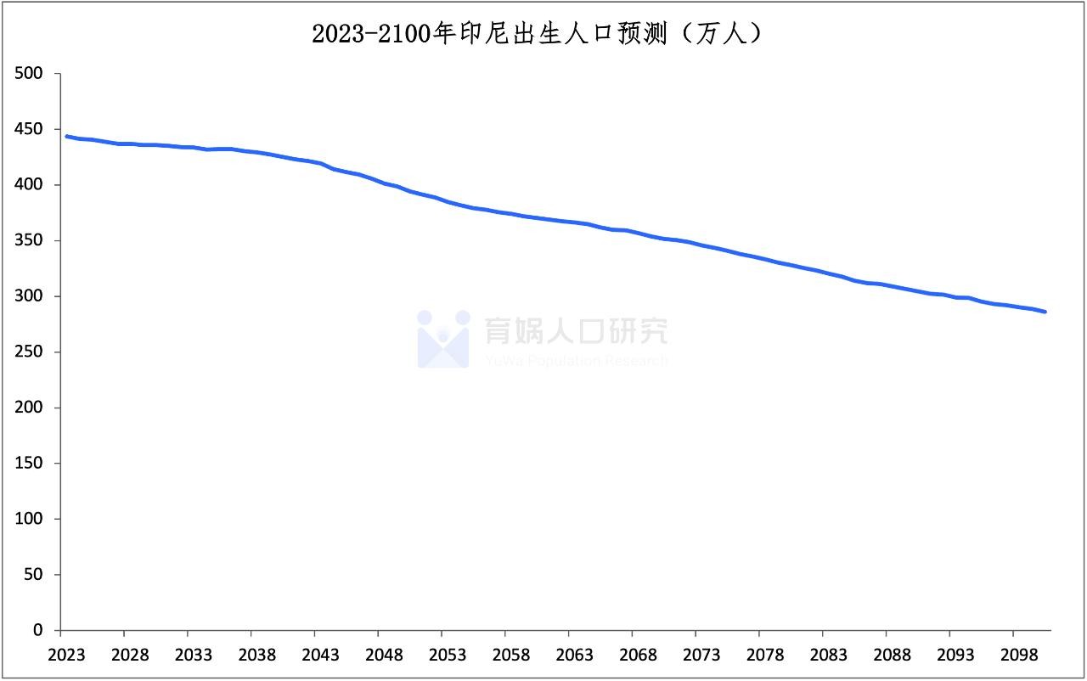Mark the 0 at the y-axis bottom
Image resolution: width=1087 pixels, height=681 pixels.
click(x=37, y=630)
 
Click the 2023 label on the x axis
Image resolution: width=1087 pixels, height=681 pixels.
click(x=67, y=656)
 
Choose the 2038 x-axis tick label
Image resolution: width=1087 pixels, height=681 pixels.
click(x=257, y=656)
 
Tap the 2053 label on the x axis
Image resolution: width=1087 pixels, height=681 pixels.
click(x=448, y=656)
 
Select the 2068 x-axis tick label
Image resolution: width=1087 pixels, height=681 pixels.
click(x=639, y=656)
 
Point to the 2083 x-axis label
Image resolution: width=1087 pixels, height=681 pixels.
click(x=829, y=656)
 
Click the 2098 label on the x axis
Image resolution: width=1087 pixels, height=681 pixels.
click(x=1019, y=656)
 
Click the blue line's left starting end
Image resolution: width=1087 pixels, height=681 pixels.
click(x=66, y=136)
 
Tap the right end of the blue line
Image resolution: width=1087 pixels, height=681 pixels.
click(x=1045, y=312)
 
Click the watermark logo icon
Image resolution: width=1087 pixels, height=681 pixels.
click(x=442, y=339)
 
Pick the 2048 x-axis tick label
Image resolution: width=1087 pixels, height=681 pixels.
click(x=385, y=656)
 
